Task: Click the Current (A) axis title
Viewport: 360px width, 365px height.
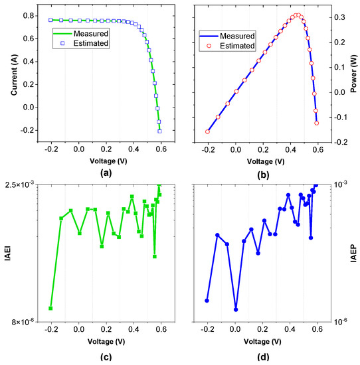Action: click(7, 72)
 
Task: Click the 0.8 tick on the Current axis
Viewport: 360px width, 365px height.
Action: click(29, 15)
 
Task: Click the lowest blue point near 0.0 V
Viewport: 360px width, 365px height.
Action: click(236, 309)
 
